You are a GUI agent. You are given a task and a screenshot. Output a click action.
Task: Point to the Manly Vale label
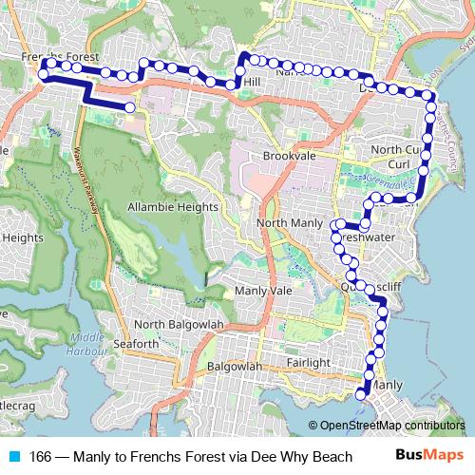coord(263,290)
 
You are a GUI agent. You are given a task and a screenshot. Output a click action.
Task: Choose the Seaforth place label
coord(136,343)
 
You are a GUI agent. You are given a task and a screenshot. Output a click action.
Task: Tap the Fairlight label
coord(307,363)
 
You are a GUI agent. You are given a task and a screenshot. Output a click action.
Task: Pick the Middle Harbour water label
coord(86,342)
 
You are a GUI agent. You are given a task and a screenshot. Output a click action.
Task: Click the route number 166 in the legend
coord(40,456)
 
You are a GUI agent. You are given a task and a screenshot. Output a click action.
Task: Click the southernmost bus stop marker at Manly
coord(361,394)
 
